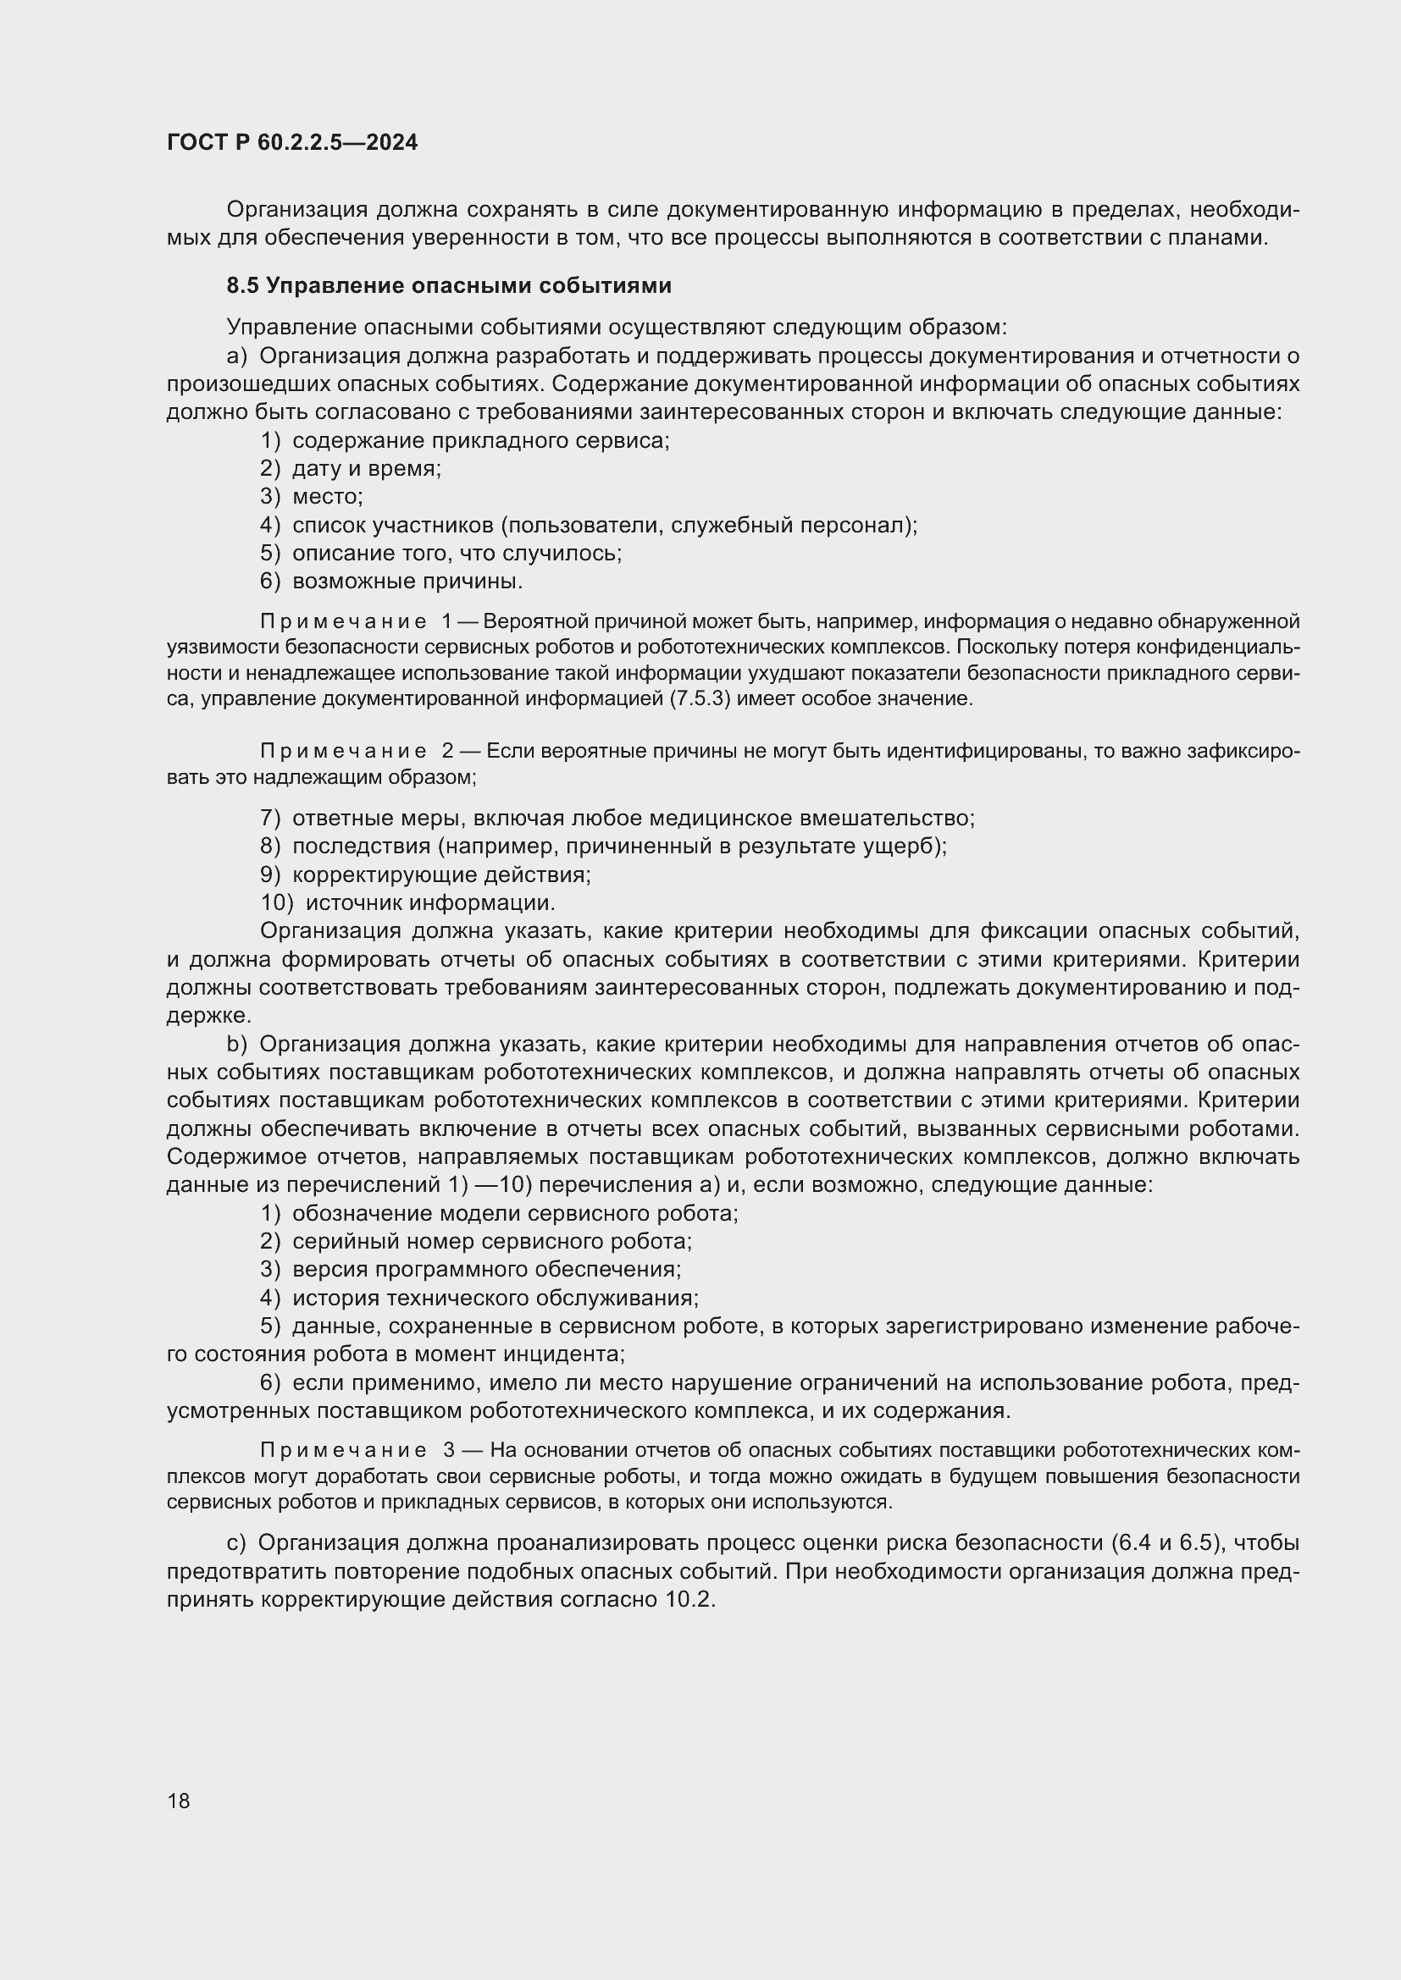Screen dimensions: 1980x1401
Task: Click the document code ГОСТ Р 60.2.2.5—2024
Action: pos(291,143)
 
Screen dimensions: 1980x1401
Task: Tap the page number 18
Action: pos(179,1801)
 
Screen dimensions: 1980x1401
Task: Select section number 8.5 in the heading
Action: pos(242,285)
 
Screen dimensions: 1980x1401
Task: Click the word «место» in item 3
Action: pos(327,497)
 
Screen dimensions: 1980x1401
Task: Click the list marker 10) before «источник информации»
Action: pos(276,903)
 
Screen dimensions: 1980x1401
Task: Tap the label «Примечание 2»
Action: pos(355,751)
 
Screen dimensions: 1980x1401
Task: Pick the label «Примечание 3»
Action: pos(355,1451)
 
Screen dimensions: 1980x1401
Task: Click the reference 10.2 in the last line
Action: pos(689,1601)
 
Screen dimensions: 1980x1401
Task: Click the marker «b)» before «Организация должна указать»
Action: pos(236,1045)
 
